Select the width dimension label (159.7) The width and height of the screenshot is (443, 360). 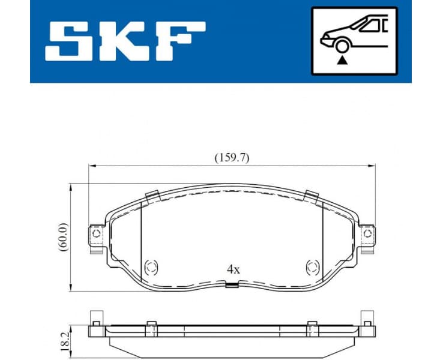pos(232,158)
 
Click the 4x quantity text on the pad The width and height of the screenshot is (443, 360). pos(233,269)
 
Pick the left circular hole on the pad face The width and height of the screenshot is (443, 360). pos(151,266)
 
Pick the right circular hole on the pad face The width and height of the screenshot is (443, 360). pos(312,266)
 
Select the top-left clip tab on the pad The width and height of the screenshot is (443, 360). pos(152,196)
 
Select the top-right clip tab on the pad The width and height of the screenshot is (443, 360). pos(311,196)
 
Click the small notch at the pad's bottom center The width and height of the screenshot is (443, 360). pos(231,286)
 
